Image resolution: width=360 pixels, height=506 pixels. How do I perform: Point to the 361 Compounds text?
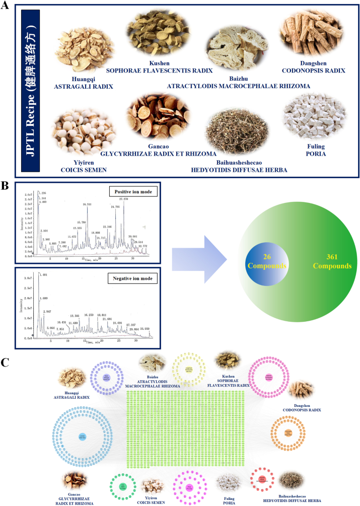coord(332,261)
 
